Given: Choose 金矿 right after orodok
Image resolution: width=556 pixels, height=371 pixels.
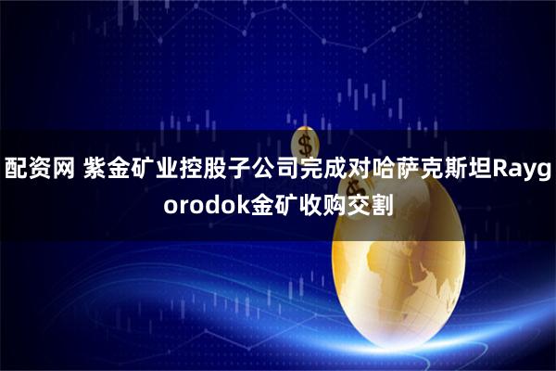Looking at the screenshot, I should coord(270,205).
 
